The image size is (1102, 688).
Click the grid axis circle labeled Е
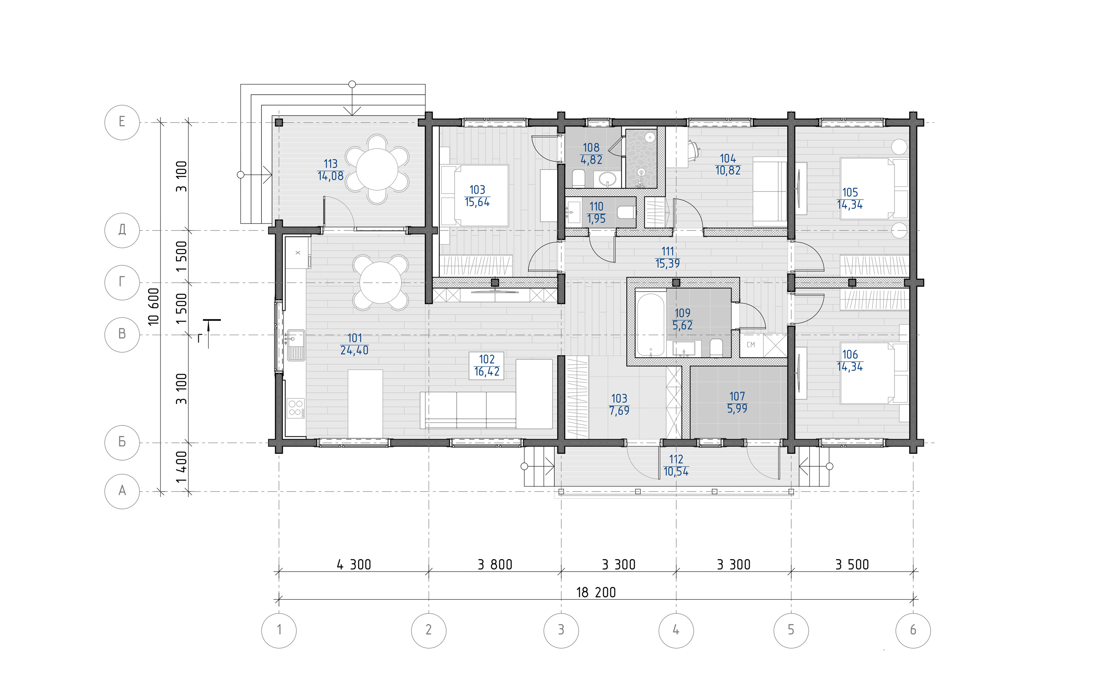(x=122, y=122)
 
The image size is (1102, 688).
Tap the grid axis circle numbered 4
(x=676, y=630)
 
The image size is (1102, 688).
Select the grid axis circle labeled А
(x=122, y=491)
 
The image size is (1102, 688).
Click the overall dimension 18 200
(x=596, y=592)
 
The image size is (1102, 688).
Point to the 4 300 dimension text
(x=354, y=565)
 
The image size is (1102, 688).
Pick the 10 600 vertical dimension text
(x=154, y=306)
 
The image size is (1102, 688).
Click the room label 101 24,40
(x=354, y=344)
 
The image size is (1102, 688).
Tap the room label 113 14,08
(x=331, y=170)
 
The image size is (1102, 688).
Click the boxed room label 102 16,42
(x=486, y=365)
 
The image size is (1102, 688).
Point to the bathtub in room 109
(x=651, y=325)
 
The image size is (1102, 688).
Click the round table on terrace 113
(x=377, y=169)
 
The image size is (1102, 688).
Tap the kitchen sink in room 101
(x=295, y=345)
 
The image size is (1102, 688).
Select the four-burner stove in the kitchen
(x=296, y=408)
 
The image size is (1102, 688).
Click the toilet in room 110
(x=627, y=212)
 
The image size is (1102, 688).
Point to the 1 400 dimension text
(x=181, y=467)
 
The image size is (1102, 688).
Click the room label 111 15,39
(x=667, y=257)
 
